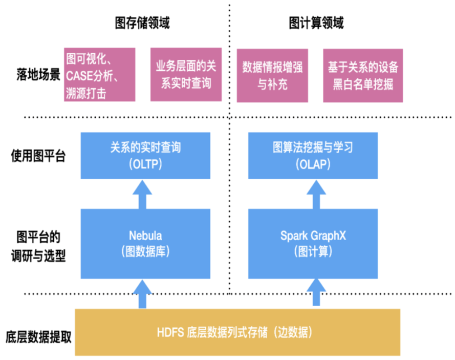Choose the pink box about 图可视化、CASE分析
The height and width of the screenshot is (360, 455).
(100, 75)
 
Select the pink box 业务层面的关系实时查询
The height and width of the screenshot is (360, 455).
(186, 75)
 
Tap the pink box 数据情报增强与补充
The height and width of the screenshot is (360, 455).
(272, 75)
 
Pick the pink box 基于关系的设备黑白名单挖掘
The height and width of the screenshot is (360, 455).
(363, 75)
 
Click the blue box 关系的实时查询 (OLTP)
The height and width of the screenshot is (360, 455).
(145, 156)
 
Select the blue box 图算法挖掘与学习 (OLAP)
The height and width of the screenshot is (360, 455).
(312, 156)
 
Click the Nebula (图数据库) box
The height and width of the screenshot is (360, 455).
(145, 243)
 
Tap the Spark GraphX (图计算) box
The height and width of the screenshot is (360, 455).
(312, 243)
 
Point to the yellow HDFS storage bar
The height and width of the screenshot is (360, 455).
(237, 332)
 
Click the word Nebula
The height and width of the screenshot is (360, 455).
(145, 236)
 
